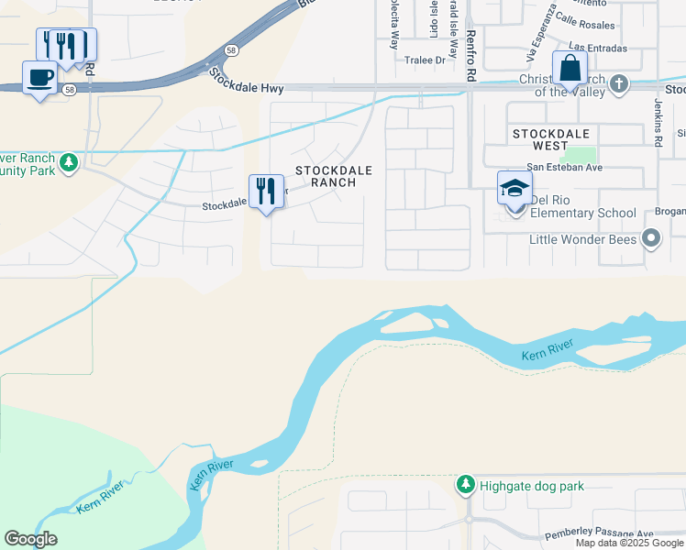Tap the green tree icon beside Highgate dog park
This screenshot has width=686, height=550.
click(466, 484)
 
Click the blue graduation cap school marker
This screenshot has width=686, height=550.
click(514, 189)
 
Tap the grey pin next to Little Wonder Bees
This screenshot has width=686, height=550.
click(651, 239)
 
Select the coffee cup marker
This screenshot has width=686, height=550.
click(39, 78)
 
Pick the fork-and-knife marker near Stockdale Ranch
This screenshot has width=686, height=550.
click(266, 192)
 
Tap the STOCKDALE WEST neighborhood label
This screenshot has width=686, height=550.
click(549, 139)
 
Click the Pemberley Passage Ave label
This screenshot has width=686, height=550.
click(598, 533)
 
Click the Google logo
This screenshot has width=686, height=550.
click(30, 539)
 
